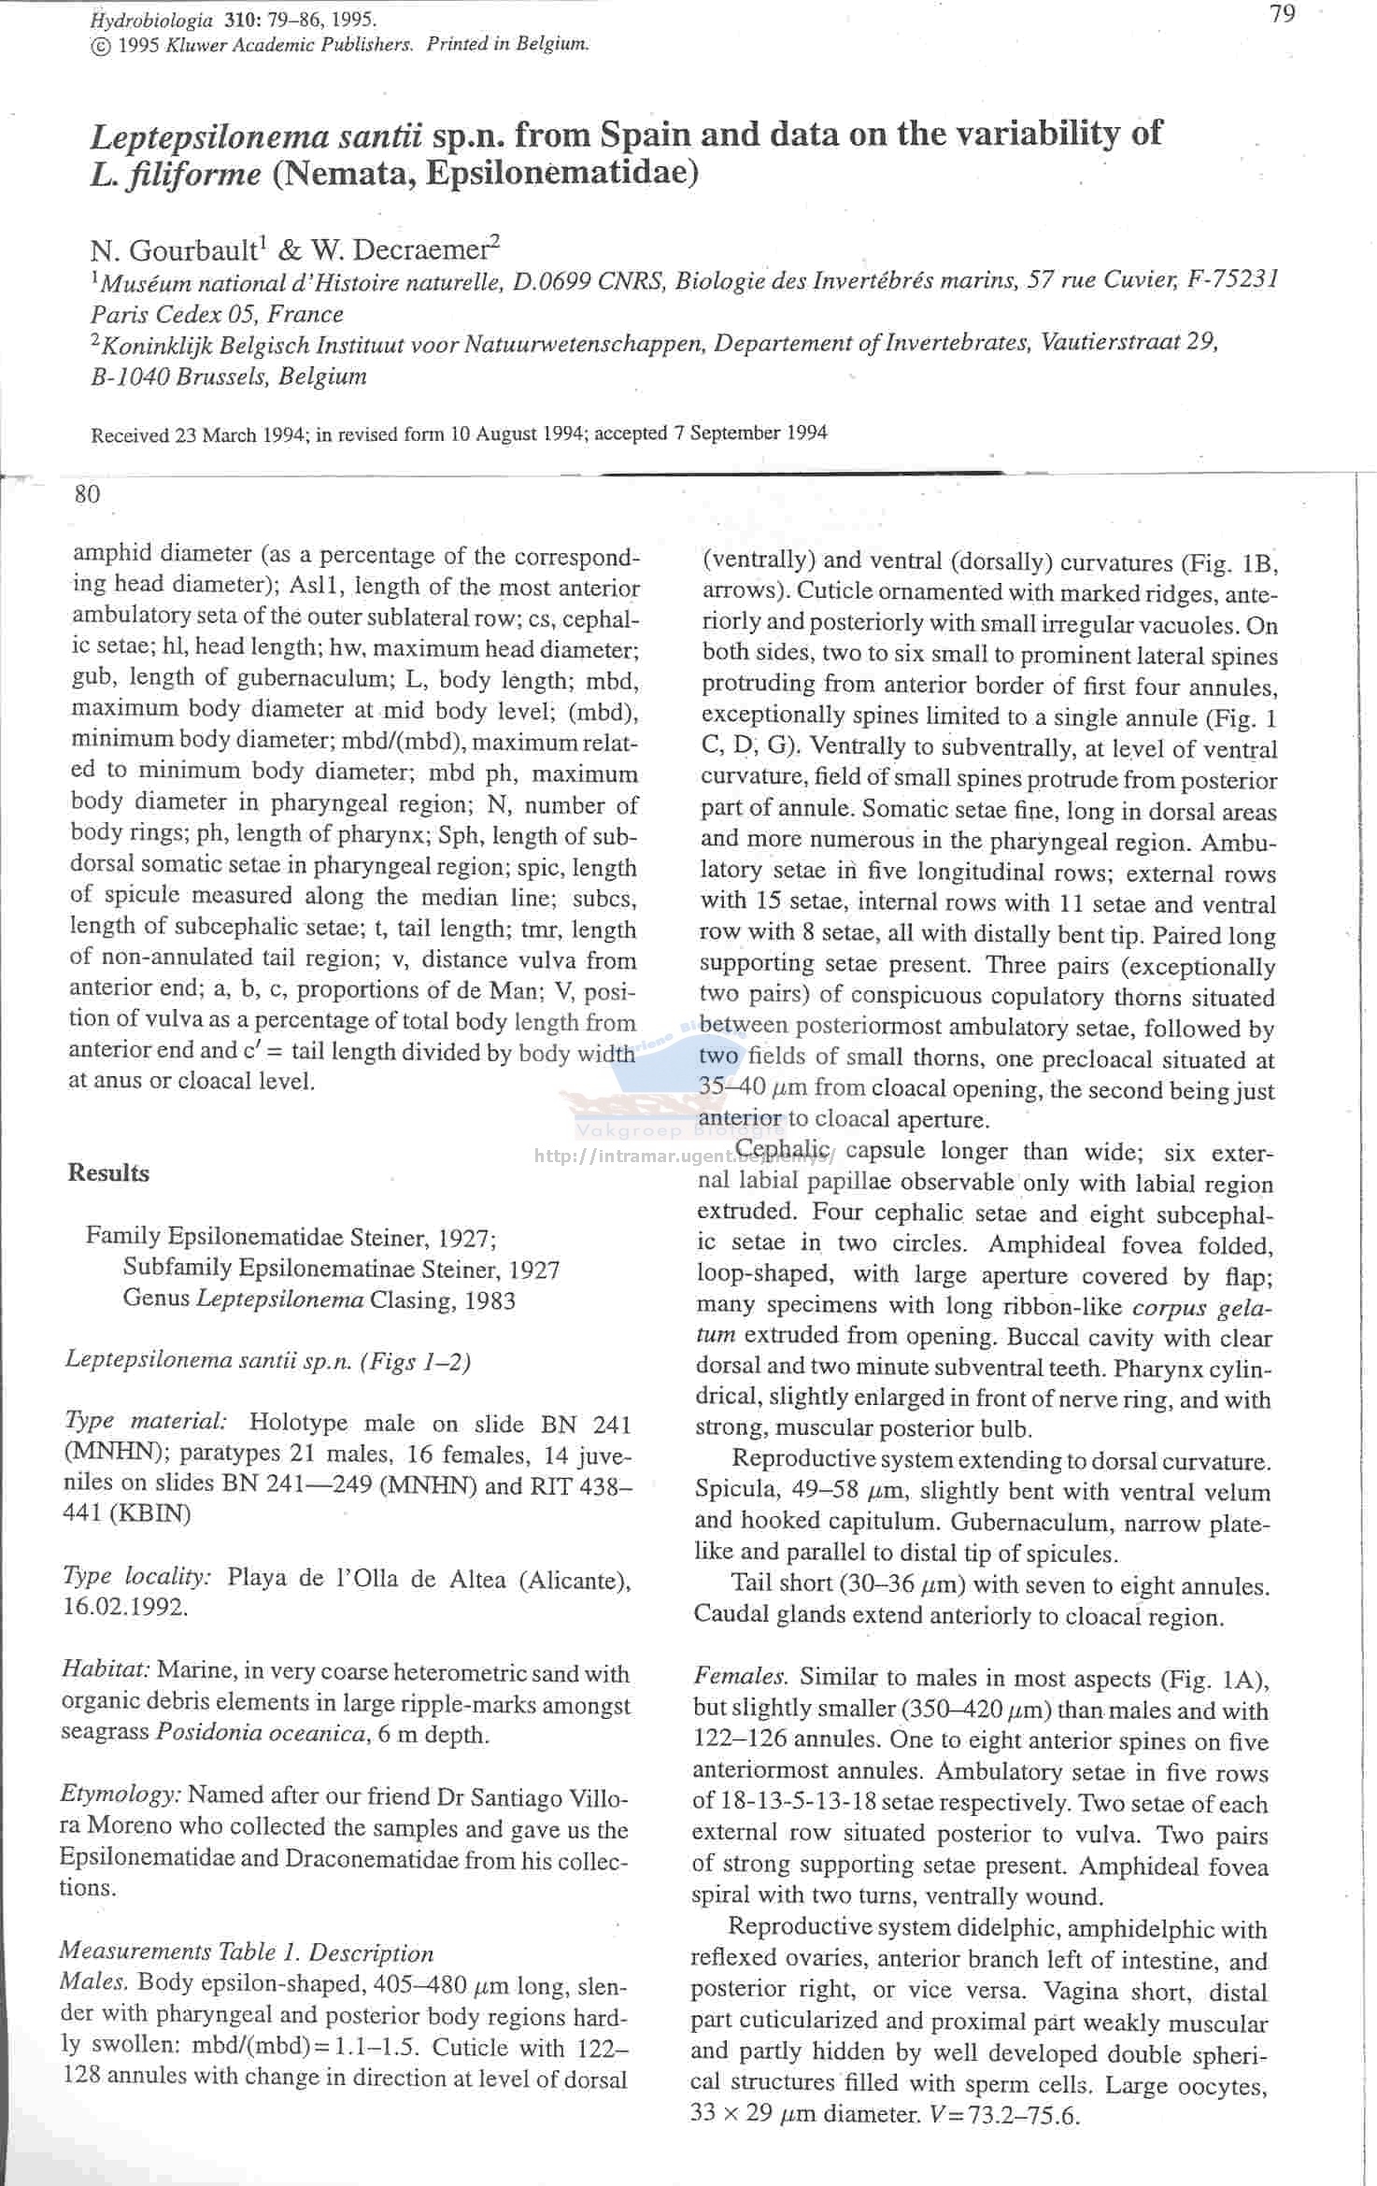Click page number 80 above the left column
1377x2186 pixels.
(x=87, y=494)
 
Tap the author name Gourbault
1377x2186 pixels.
(x=192, y=250)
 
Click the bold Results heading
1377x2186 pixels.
(x=108, y=1173)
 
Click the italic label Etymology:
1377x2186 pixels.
(x=121, y=1795)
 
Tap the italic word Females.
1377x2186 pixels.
(x=743, y=1678)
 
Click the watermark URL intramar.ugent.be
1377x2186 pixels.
(x=682, y=1157)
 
